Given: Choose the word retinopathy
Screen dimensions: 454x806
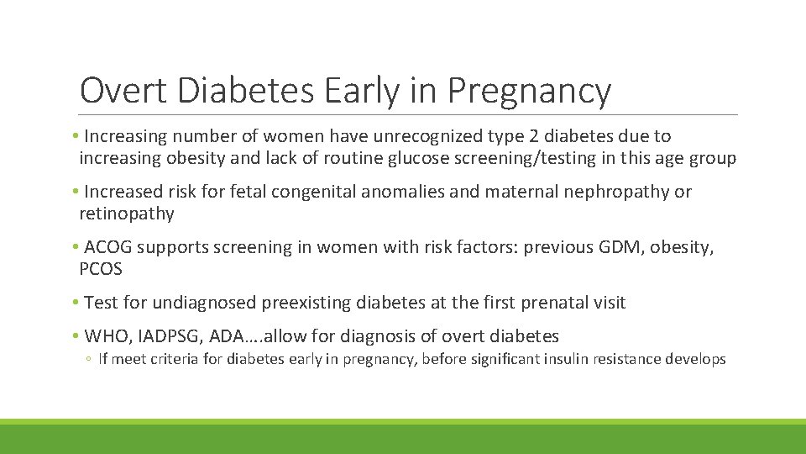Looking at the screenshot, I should click(x=127, y=214).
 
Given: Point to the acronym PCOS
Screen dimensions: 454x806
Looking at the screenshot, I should click(x=101, y=269).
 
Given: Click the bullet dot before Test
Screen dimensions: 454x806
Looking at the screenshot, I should click(x=76, y=303).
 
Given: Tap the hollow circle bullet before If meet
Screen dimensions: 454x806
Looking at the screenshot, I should click(x=88, y=360).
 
